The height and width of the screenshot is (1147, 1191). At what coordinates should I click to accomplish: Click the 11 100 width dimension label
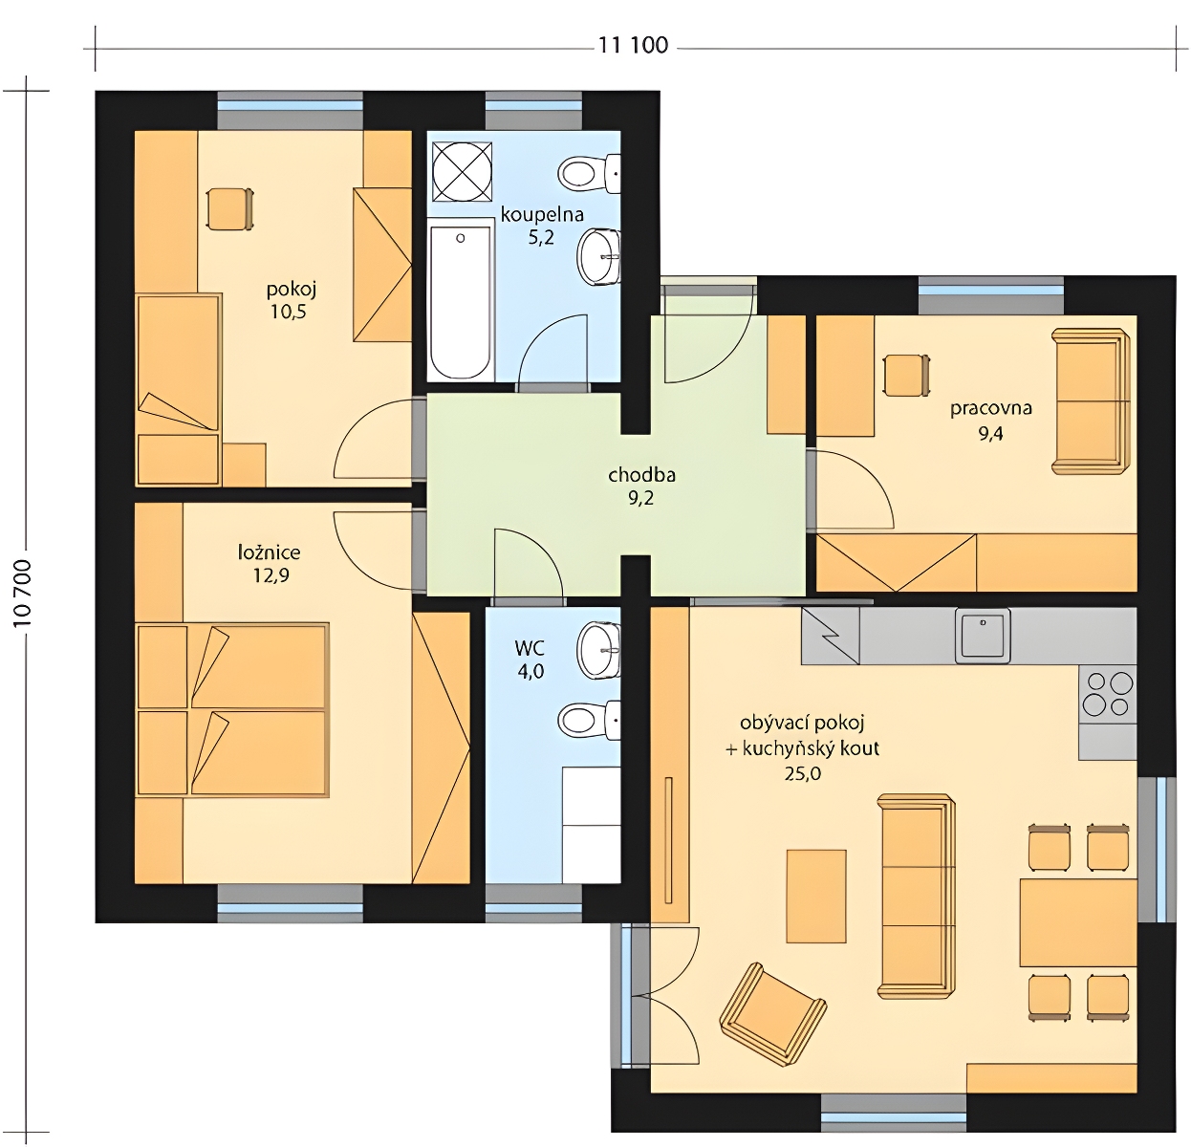[633, 45]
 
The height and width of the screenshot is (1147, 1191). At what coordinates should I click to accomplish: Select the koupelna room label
[542, 214]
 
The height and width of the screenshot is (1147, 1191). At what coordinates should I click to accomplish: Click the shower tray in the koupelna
[462, 171]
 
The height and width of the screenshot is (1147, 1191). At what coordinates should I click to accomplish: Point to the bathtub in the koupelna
[461, 300]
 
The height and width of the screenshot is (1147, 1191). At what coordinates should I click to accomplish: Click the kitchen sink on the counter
[983, 636]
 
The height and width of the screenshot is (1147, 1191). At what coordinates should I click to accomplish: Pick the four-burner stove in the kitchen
[1108, 694]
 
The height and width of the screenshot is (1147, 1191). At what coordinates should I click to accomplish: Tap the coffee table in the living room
[816, 896]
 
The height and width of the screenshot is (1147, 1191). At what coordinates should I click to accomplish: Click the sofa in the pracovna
[1091, 400]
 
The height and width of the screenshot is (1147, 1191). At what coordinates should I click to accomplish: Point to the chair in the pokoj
[229, 208]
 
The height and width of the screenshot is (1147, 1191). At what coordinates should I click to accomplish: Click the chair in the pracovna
[906, 376]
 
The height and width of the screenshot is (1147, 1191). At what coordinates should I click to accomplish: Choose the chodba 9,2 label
[641, 487]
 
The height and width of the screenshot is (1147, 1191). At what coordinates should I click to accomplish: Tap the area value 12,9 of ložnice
[271, 576]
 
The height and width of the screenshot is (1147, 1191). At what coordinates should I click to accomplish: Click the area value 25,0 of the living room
[802, 774]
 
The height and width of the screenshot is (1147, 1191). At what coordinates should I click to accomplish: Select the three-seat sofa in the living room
[916, 897]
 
